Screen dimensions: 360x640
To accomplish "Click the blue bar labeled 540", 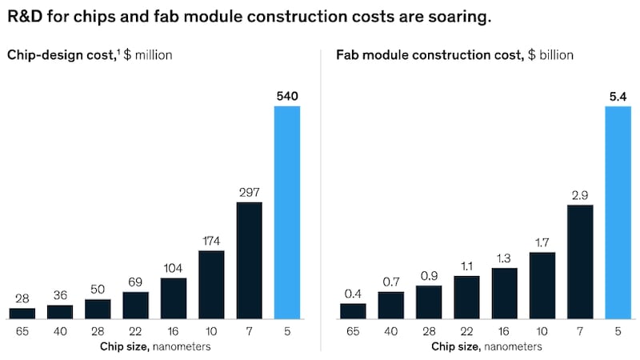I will (286, 212).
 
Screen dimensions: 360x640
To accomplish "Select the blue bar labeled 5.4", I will (618, 212).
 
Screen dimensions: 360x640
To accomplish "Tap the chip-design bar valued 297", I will (249, 260).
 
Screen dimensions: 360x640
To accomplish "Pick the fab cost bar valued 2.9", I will (580, 262).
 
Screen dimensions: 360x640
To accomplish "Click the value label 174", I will (211, 240).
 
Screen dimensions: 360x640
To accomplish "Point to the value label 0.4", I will (353, 293).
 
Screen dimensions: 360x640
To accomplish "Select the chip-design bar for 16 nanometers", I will (174, 298).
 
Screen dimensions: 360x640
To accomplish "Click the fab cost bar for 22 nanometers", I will (466, 297).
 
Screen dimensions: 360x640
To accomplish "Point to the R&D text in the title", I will (26, 17).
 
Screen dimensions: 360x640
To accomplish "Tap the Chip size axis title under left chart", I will (155, 346).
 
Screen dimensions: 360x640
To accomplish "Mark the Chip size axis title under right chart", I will (486, 346).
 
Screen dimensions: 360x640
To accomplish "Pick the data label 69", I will (135, 281).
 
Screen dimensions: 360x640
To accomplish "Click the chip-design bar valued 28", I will (22, 313).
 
